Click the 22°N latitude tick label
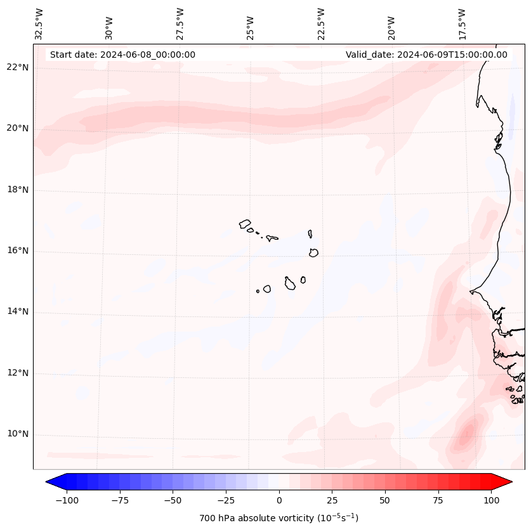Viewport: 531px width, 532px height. point(18,68)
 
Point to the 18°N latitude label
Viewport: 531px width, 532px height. point(18,190)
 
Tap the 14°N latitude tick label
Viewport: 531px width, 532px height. point(18,312)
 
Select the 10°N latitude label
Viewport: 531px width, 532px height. point(18,434)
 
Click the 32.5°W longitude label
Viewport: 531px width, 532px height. point(39,23)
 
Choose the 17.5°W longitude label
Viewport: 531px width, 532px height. point(462,23)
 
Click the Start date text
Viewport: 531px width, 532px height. point(122,55)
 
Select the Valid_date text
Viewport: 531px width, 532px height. point(426,55)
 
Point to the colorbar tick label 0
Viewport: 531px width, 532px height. point(279,500)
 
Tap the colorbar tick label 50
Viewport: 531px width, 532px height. point(385,500)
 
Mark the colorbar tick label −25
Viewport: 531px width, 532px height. point(226,500)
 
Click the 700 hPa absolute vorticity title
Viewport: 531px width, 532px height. point(279,519)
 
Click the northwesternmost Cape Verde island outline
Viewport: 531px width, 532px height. point(245,223)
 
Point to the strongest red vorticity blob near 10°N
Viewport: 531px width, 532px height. point(468,435)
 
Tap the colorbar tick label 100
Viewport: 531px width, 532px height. point(490,500)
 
